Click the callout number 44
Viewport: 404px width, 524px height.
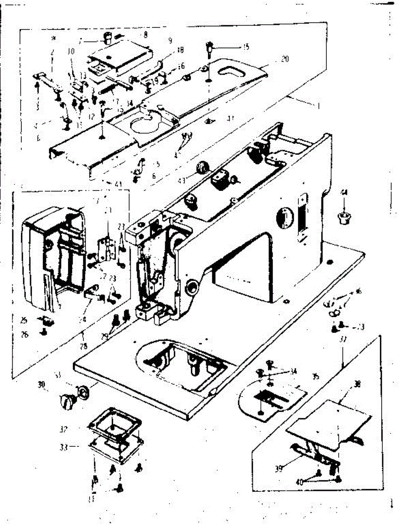click(345, 193)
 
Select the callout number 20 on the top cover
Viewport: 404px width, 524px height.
click(284, 59)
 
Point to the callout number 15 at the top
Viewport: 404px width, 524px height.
click(246, 47)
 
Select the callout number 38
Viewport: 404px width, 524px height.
click(357, 385)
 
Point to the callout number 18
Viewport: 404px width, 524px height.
click(180, 51)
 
